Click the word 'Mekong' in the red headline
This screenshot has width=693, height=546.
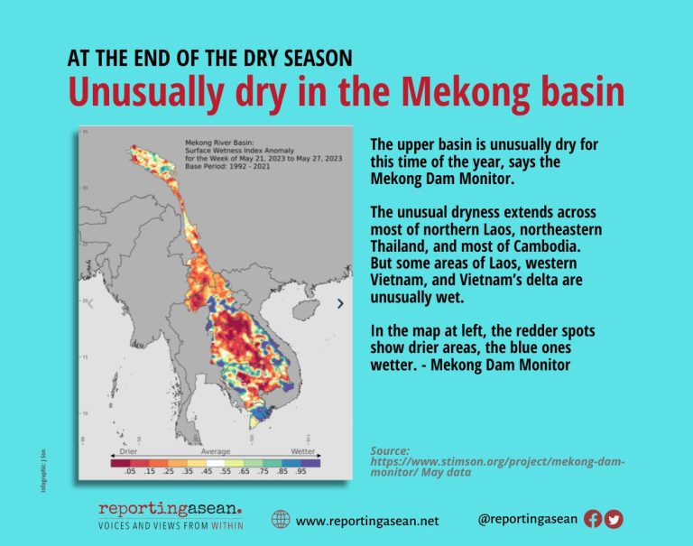[475, 94]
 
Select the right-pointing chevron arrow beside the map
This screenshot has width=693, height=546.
[339, 303]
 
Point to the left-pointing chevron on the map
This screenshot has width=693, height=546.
[90, 303]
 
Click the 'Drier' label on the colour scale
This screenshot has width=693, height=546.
[125, 449]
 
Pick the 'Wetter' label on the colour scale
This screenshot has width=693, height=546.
[303, 449]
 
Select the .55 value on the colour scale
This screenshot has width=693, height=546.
[226, 471]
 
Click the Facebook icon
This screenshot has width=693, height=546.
[593, 519]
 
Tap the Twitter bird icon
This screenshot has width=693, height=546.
[614, 519]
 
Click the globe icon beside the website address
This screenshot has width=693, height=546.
[281, 520]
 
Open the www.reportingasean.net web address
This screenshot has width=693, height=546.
[366, 521]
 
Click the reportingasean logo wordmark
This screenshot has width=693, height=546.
[170, 510]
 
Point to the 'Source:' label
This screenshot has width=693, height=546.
[390, 450]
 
